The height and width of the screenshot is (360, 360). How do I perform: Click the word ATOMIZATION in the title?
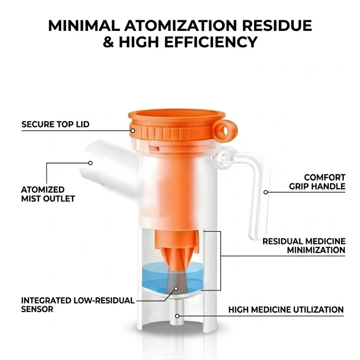(x=180, y=26)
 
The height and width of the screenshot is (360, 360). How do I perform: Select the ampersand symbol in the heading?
(x=108, y=42)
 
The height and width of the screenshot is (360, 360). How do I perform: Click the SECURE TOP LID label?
(x=55, y=124)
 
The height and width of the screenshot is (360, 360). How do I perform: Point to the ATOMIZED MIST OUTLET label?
(x=48, y=194)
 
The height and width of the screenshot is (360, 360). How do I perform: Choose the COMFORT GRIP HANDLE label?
(x=317, y=182)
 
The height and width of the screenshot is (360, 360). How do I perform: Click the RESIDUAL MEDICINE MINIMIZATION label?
(x=304, y=246)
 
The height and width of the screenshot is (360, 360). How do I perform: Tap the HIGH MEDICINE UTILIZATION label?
(x=286, y=310)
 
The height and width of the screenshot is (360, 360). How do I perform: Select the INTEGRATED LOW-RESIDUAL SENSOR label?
(x=78, y=305)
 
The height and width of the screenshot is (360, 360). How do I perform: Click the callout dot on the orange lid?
(x=133, y=131)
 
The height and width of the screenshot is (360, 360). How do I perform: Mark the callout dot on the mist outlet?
(x=90, y=163)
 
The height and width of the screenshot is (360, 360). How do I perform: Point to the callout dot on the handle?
(x=266, y=192)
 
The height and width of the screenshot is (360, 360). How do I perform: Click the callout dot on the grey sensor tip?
(x=176, y=289)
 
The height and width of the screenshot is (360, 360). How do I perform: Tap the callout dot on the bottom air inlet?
(x=177, y=316)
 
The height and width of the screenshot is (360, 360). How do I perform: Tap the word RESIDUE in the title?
(x=277, y=26)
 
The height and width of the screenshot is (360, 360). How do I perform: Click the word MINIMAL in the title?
(x=84, y=26)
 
